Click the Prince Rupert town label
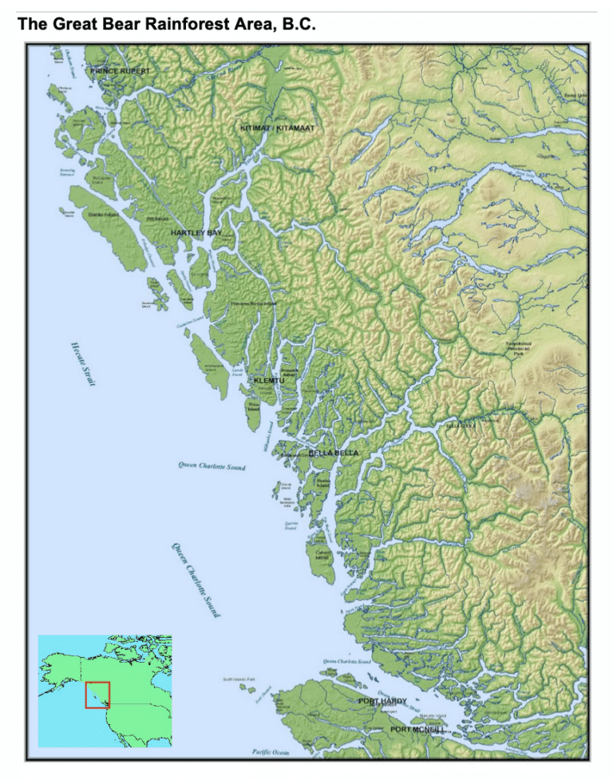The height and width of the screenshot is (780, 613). pyautogui.click(x=120, y=71)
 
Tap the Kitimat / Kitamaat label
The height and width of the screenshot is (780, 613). pyautogui.click(x=278, y=128)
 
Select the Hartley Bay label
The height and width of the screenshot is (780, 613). pyautogui.click(x=196, y=232)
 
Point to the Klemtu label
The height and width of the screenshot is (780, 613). pyautogui.click(x=268, y=381)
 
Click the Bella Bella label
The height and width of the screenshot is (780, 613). pyautogui.click(x=334, y=453)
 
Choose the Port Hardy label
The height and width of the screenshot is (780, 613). pyautogui.click(x=382, y=701)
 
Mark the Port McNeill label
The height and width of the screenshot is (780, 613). pyautogui.click(x=417, y=729)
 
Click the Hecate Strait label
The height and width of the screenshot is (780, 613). pyautogui.click(x=81, y=363)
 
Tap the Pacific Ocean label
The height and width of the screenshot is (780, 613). pyautogui.click(x=271, y=751)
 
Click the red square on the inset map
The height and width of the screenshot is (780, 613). pyautogui.click(x=97, y=694)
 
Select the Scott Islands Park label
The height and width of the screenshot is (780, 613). pyautogui.click(x=239, y=680)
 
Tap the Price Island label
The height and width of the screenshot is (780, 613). pyautogui.click(x=254, y=407)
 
